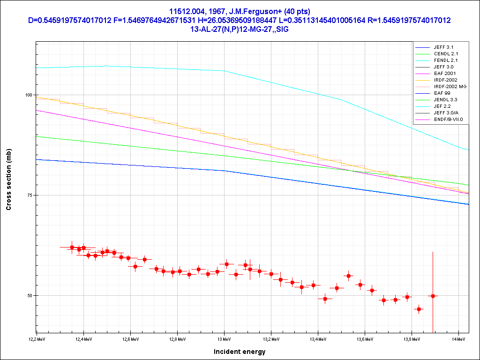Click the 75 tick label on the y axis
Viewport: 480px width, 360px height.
pyautogui.click(x=30, y=195)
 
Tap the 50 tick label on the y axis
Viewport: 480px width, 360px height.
pyautogui.click(x=30, y=296)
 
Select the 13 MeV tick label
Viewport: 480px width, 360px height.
pyautogui.click(x=224, y=339)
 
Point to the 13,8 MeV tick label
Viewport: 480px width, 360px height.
pyautogui.click(x=411, y=339)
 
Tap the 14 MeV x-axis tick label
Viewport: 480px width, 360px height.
pyautogui.click(x=458, y=339)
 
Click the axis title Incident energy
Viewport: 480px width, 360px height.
pyautogui.click(x=240, y=352)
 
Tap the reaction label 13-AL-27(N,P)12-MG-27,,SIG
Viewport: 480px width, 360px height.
pyautogui.click(x=240, y=29)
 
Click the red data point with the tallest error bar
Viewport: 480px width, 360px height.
pyautogui.click(x=433, y=296)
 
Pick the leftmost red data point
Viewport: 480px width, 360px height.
pyautogui.click(x=72, y=247)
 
